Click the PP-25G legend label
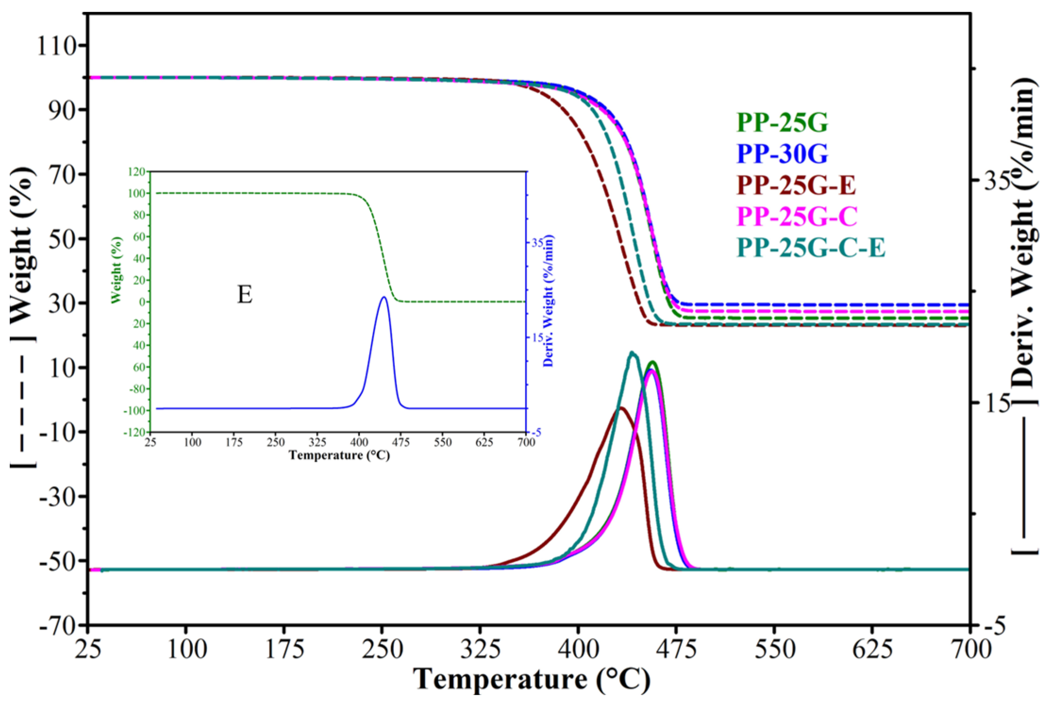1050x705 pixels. tap(782, 123)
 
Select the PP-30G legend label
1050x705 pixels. tap(782, 154)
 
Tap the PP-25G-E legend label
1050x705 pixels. tap(796, 185)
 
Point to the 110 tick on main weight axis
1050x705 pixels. tap(57, 46)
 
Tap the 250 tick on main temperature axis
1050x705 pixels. tap(383, 650)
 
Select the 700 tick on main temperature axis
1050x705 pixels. tap(970, 650)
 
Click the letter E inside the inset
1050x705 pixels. tap(244, 295)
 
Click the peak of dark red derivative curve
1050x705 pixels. tap(621, 408)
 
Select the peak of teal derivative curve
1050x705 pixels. tap(633, 352)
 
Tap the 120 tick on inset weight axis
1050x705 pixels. tap(137, 172)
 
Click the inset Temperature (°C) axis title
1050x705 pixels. tap(339, 456)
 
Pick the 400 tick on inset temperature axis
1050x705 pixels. tap(359, 443)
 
